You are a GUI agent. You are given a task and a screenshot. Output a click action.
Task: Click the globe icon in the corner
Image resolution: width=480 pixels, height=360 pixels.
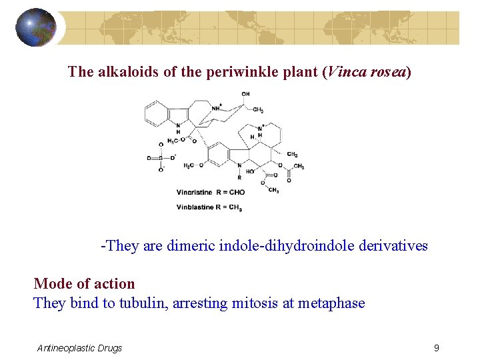click(x=36, y=27)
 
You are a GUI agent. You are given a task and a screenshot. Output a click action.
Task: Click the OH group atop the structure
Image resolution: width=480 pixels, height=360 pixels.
click(x=245, y=94)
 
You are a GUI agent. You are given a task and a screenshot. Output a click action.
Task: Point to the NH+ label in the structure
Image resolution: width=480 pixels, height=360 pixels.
click(x=217, y=107)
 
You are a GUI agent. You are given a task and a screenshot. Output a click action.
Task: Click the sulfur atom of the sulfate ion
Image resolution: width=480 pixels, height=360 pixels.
click(x=160, y=158)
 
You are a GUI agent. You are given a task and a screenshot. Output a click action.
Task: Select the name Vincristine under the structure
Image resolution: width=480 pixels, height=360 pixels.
click(x=195, y=192)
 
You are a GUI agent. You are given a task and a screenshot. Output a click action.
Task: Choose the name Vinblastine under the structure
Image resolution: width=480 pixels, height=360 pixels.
click(x=195, y=207)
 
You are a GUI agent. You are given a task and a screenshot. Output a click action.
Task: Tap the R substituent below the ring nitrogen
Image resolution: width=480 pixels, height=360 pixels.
click(x=239, y=178)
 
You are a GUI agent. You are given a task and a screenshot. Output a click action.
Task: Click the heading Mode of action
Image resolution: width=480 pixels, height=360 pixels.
click(x=84, y=284)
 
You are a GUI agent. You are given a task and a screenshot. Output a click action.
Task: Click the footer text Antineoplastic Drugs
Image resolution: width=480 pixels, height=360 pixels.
click(x=80, y=348)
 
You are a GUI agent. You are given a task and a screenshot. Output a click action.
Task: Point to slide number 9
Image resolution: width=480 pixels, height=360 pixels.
click(x=436, y=347)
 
